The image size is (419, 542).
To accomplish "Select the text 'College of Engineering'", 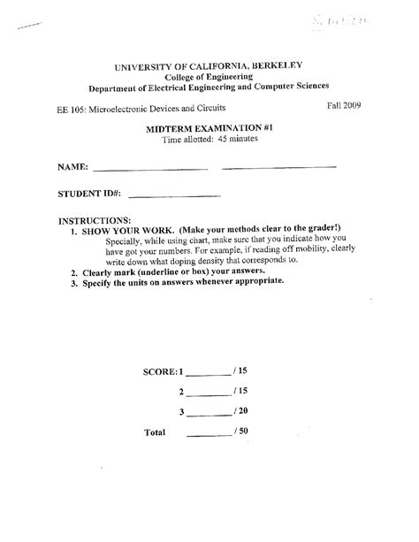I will click(x=209, y=77).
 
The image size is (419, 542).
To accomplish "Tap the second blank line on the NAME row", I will click(x=278, y=166).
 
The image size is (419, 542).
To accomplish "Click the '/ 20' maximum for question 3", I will click(x=240, y=411).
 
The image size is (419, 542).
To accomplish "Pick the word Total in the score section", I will click(x=154, y=433).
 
